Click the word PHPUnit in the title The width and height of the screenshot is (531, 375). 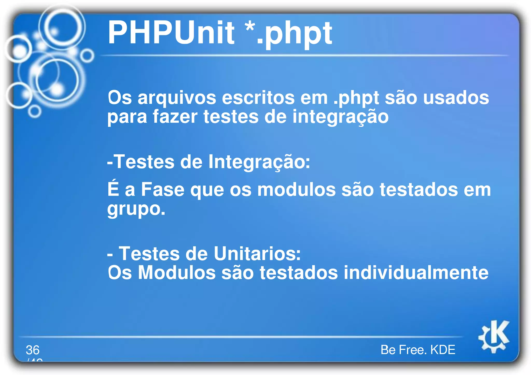point(171,33)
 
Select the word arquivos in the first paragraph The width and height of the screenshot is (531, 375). point(177,98)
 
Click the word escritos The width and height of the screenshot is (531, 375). point(258,98)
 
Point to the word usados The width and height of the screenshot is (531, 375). point(456,98)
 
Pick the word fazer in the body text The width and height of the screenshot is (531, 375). point(175,117)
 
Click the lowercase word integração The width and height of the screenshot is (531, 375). point(340,117)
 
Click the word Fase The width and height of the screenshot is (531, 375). point(163,190)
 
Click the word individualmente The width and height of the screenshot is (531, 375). point(416,273)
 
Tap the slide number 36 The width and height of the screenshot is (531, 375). point(33,350)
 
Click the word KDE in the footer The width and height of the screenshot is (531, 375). point(443,350)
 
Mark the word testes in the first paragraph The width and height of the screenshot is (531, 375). point(231,117)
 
